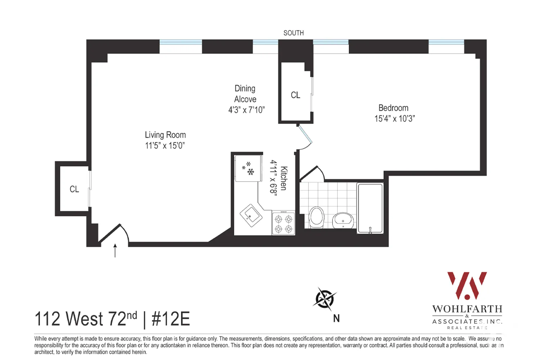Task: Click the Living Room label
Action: point(165,135)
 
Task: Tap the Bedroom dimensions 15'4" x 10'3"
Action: point(395,119)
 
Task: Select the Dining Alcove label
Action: point(245,94)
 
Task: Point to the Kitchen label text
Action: point(284,178)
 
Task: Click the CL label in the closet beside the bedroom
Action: point(295,95)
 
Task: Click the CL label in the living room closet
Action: point(74,189)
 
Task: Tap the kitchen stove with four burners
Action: point(283,224)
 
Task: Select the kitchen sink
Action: point(251,215)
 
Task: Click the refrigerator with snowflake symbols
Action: point(248,168)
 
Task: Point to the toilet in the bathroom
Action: point(317,217)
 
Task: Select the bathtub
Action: point(370,208)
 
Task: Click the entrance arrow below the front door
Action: point(115,251)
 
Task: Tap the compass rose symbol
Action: point(325,299)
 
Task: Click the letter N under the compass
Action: point(336,318)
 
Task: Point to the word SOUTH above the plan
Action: point(293,33)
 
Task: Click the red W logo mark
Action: point(467,285)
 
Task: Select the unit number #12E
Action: point(171,319)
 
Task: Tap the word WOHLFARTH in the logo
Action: point(467,309)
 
